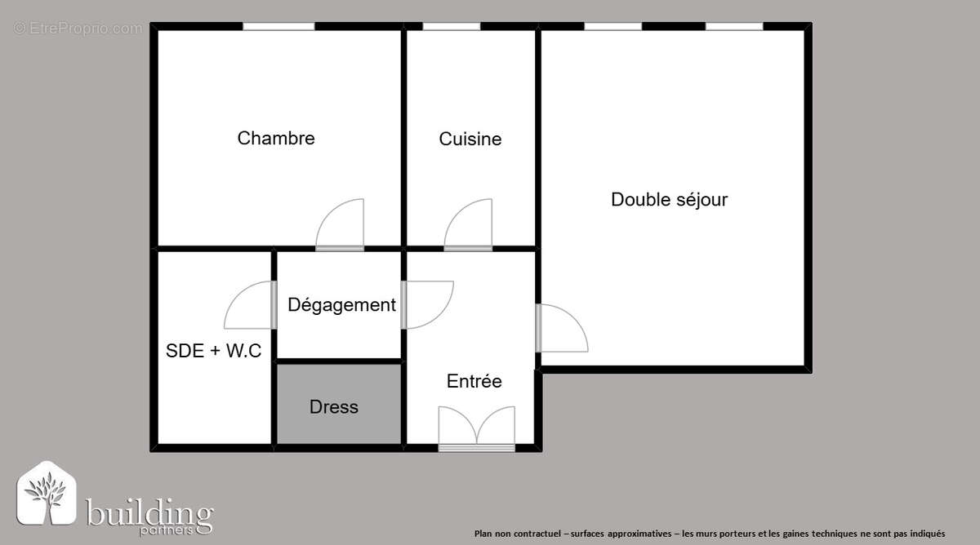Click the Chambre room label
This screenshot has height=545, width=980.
tap(276, 138)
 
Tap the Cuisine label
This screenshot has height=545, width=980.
tap(470, 139)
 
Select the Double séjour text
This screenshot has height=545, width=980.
tap(669, 199)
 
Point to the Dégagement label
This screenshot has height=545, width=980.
tap(341, 305)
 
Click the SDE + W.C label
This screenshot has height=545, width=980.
tap(214, 351)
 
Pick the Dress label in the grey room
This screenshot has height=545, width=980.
tap(334, 406)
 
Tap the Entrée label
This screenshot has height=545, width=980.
tap(474, 381)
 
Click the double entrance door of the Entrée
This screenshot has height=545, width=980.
tap(477, 428)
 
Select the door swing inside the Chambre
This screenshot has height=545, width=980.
tap(341, 224)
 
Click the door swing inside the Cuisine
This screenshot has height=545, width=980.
tap(469, 224)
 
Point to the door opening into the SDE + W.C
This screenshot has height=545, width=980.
tap(249, 304)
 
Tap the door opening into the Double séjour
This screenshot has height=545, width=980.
tap(561, 328)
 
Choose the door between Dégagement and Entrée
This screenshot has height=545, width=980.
tap(426, 304)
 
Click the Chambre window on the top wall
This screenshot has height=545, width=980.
tap(278, 27)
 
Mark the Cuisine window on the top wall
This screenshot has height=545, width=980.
tap(451, 27)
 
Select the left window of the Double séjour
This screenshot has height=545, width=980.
tap(612, 27)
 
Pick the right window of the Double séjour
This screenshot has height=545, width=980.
tap(733, 27)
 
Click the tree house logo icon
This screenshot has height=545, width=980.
tap(47, 494)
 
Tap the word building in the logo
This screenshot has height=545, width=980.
tap(149, 514)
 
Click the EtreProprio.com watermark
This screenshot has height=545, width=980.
tap(78, 29)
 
